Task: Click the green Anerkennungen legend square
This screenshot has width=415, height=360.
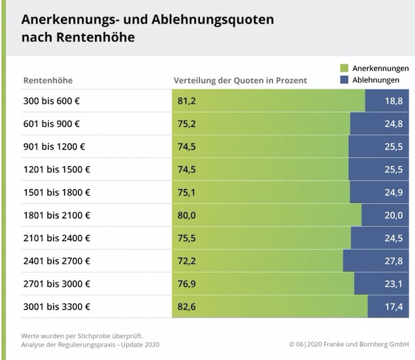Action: [x=345, y=68]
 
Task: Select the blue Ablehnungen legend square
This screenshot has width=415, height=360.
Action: [x=345, y=79]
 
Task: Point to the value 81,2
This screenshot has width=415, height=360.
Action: [x=186, y=101]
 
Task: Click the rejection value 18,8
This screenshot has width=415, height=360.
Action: [x=393, y=101]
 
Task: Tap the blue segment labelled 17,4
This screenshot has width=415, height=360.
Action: [x=388, y=307]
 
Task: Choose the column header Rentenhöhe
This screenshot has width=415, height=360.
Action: [x=47, y=81]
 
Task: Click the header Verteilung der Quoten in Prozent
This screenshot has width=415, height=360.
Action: [x=240, y=81]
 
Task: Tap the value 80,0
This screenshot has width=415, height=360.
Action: [x=186, y=215]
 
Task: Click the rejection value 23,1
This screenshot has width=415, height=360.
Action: [x=393, y=284]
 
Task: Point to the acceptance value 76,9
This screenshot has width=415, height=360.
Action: [x=186, y=284]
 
